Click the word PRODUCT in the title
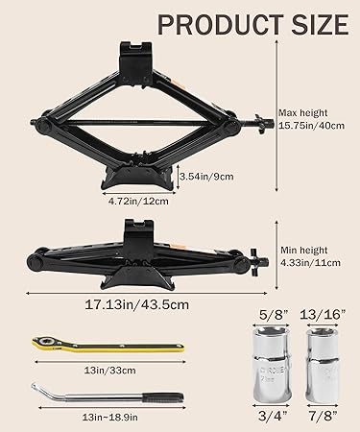point(220,25)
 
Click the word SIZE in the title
point(321,25)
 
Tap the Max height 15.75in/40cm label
point(311,119)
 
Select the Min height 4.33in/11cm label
point(310,256)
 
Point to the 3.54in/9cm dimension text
point(206,177)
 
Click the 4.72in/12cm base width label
point(138,202)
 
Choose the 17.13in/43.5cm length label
point(136,304)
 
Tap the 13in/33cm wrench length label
point(110,371)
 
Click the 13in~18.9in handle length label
point(110,418)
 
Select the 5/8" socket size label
point(272,315)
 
